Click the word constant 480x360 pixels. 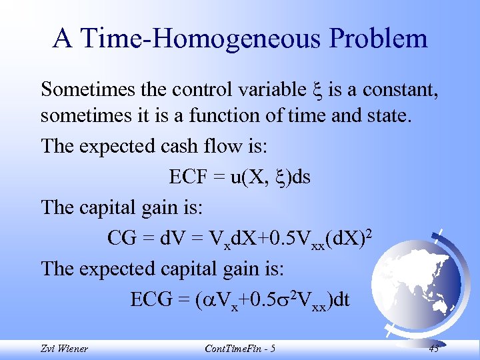point(397,89)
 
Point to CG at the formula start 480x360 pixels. point(121,237)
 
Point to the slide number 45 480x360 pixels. point(435,349)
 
